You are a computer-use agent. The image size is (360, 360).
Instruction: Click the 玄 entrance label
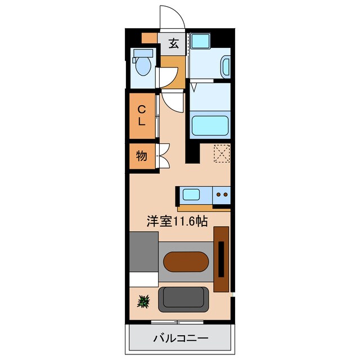point(174,43)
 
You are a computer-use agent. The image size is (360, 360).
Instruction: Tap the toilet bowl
point(143,66)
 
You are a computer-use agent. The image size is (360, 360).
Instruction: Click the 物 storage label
point(141,156)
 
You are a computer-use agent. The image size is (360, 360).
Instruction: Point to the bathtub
point(210,125)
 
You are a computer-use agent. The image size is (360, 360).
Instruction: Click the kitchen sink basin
point(191,195)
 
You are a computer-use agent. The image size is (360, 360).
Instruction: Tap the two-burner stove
point(222,195)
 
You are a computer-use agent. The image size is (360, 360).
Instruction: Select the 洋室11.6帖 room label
point(177,222)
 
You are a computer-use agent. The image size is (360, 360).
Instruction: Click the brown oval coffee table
point(186,262)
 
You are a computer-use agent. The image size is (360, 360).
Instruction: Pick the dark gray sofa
point(183,299)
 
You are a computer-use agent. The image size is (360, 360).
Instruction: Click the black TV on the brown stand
point(221,259)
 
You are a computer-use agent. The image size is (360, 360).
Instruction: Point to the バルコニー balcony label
point(181,338)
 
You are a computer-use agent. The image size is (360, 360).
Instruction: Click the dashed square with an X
point(222,154)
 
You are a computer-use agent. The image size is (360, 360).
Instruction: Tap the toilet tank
point(143,53)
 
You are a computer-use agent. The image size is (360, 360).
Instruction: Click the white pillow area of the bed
point(144,280)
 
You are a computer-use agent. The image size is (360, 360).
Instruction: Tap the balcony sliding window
point(177,322)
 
